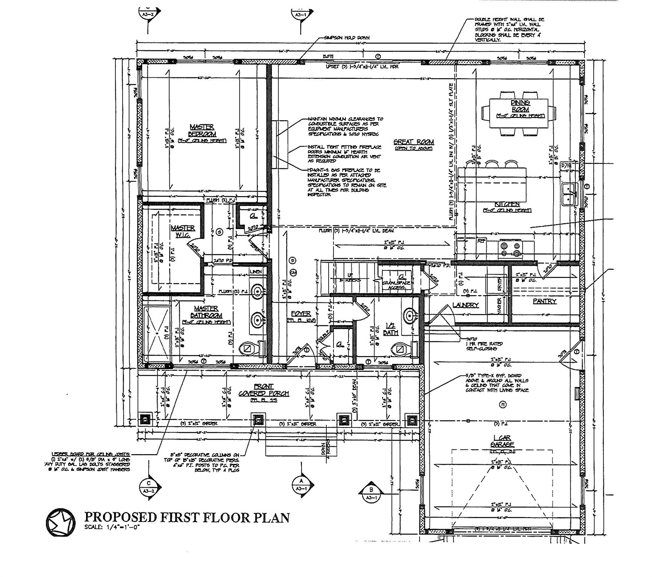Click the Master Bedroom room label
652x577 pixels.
202,131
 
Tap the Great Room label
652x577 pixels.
414,142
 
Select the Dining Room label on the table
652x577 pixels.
520,106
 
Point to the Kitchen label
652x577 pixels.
507,204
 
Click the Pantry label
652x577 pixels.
544,301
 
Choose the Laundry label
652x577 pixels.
465,305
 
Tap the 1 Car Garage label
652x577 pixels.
502,441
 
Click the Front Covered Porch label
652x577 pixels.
264,390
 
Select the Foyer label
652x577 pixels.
301,314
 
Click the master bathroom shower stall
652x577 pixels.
157,334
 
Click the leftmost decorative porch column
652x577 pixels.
146,418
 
